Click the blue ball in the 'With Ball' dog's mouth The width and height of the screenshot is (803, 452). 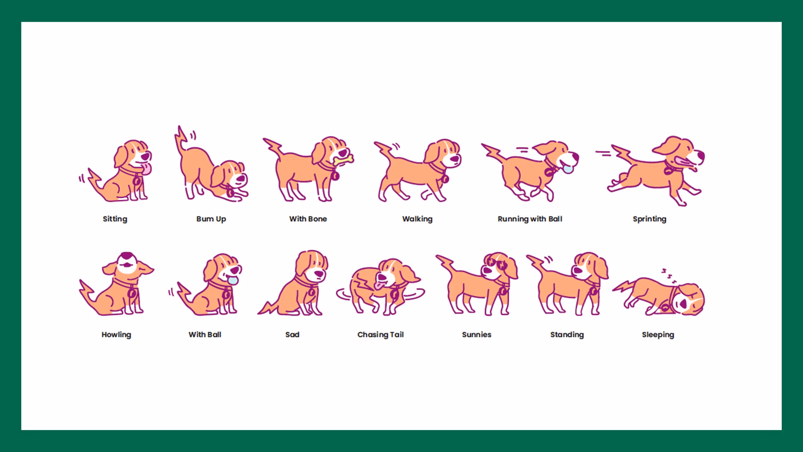[233, 280]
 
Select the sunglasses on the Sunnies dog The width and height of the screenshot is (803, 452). [497, 264]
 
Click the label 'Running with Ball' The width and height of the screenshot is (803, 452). [530, 219]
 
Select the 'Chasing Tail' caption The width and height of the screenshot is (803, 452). [380, 335]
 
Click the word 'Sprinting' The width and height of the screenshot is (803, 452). [650, 219]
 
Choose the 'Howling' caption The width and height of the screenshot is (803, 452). [116, 335]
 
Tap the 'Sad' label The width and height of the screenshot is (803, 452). [292, 335]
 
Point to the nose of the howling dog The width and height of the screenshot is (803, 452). [127, 255]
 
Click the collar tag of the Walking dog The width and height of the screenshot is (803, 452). [445, 179]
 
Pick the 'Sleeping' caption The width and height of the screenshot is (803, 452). [658, 335]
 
